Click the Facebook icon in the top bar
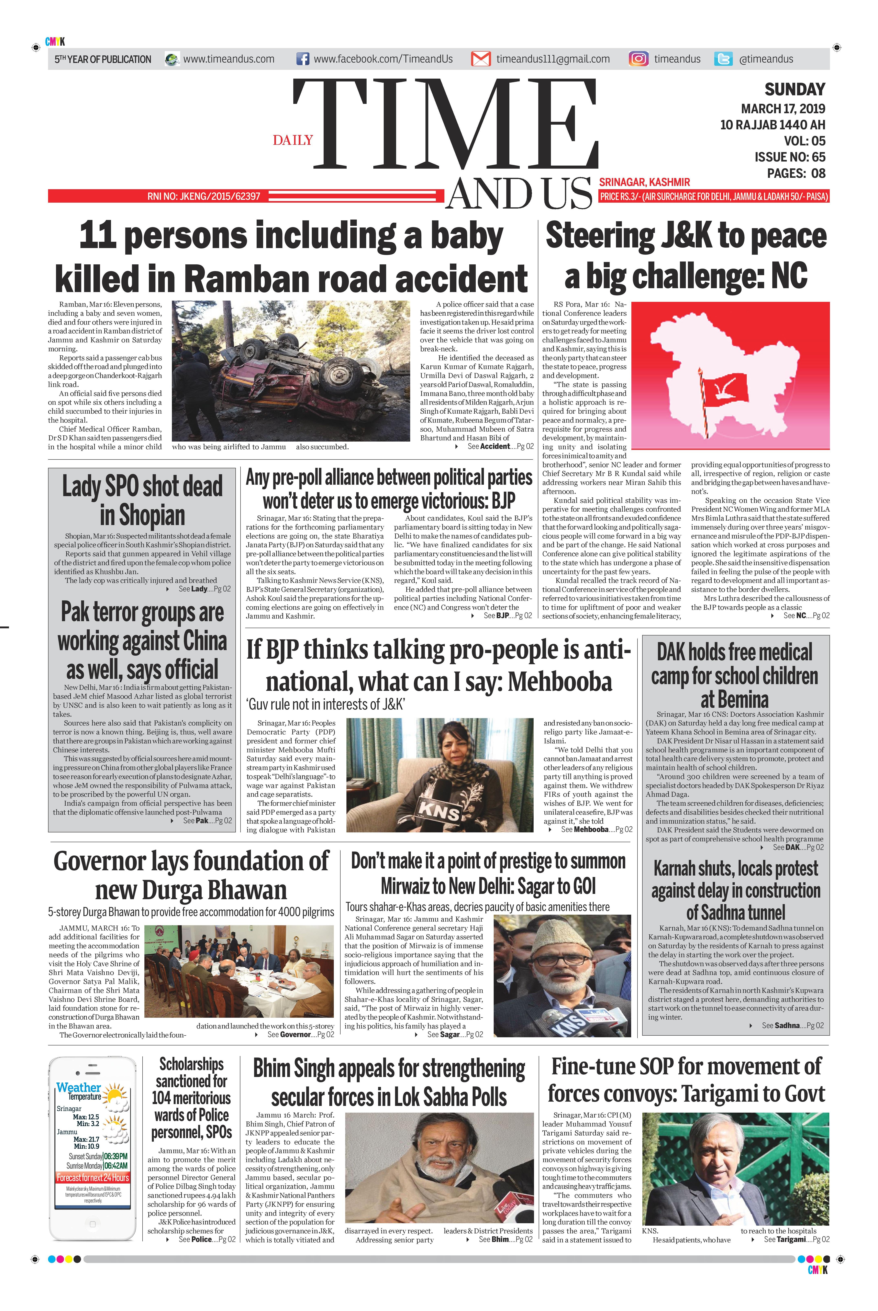click(x=302, y=59)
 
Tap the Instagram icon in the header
click(x=638, y=59)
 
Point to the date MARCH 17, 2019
click(x=783, y=109)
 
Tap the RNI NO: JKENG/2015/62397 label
click(x=204, y=197)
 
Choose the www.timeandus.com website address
click(x=229, y=59)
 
